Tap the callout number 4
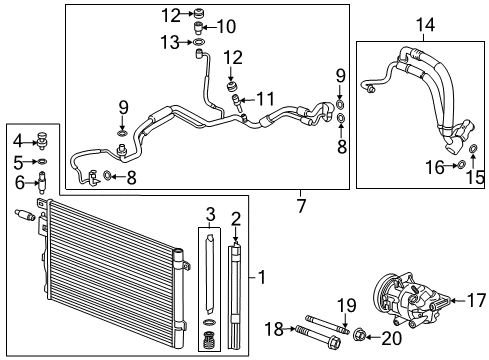[x=16, y=139]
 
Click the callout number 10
[x=227, y=26]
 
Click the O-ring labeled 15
[x=471, y=151]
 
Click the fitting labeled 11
[x=237, y=99]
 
